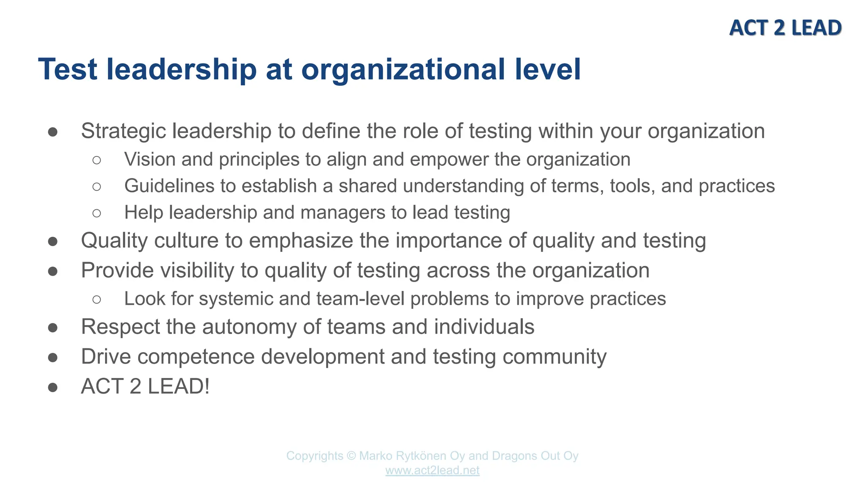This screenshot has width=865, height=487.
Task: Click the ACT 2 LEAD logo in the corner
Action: pos(785,28)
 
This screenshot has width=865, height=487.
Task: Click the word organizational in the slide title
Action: pos(403,69)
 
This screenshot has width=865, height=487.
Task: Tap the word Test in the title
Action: pos(68,69)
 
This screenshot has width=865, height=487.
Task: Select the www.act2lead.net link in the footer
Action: pos(432,470)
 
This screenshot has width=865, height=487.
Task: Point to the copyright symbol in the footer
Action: pos(351,456)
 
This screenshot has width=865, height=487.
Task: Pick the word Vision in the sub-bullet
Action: pos(150,159)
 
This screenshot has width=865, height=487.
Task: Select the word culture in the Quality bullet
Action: pos(186,241)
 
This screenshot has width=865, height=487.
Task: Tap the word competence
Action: pos(196,356)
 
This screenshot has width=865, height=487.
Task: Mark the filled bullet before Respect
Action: pos(53,328)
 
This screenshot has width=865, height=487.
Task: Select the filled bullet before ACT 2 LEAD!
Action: pos(53,387)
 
